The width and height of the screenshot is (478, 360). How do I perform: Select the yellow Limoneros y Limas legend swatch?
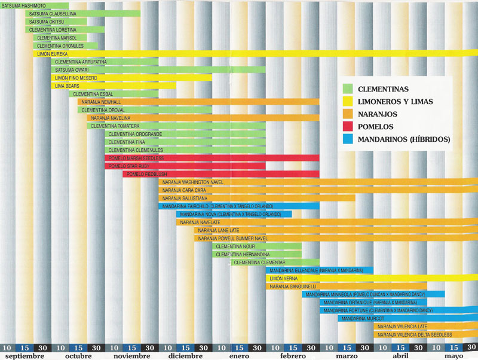347,102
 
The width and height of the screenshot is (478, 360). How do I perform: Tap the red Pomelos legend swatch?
347,127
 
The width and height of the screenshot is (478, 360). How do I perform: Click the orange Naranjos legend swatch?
347,114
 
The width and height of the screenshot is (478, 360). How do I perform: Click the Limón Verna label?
284,278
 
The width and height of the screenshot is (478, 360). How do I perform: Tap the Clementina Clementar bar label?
259,262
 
